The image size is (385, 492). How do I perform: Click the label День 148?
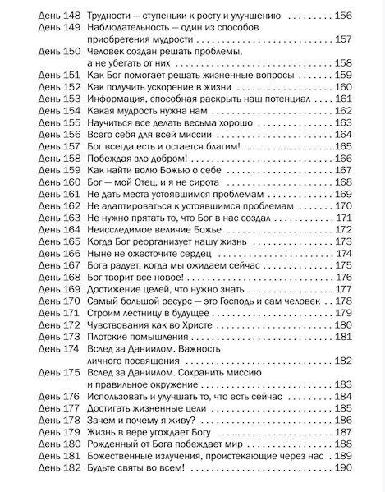pyautogui.click(x=57, y=16)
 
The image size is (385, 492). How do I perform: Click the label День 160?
pyautogui.click(x=57, y=182)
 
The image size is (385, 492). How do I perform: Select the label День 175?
pyautogui.click(x=57, y=372)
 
